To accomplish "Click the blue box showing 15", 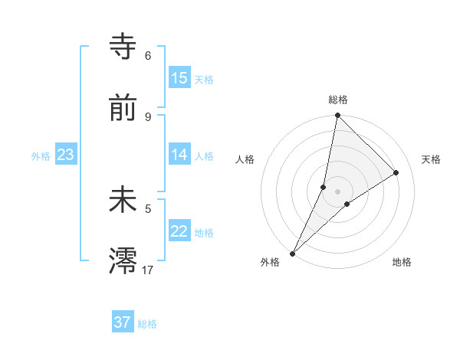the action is coord(179,78).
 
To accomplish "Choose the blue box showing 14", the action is coord(179,155).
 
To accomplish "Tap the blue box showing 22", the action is coord(179,232).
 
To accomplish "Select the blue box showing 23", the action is coord(66,155).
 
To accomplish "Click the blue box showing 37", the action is coord(123,322).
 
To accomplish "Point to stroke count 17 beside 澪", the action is coord(148,269).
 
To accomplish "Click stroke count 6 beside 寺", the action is coord(148,56).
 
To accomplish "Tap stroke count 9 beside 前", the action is coord(148,116).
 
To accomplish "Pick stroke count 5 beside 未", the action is coord(148,208).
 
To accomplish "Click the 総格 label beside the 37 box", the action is coord(147,324).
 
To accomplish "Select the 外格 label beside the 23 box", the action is coord(41,156).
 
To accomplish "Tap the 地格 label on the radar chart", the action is coord(402,262).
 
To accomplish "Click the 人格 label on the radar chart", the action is coord(245,159).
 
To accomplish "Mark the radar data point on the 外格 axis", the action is coord(292,253).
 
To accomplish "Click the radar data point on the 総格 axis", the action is coord(337,115).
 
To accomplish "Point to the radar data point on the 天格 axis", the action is coord(396,172).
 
